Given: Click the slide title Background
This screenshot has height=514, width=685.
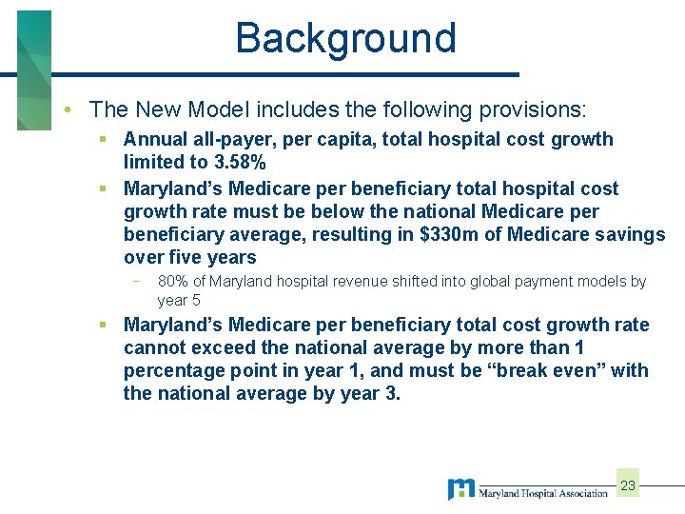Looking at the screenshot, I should tap(346, 39).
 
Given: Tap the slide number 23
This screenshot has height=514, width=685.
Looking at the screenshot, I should tap(628, 486).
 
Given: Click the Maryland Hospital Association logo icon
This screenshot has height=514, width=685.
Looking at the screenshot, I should tap(461, 489).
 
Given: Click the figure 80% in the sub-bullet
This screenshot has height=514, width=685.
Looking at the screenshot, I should tap(173, 282).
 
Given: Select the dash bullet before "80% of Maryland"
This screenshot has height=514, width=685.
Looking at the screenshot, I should tap(139, 282).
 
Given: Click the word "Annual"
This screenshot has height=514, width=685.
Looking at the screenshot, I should tap(155, 139).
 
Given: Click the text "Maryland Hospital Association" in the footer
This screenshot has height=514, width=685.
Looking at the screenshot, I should tap(542, 493).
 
